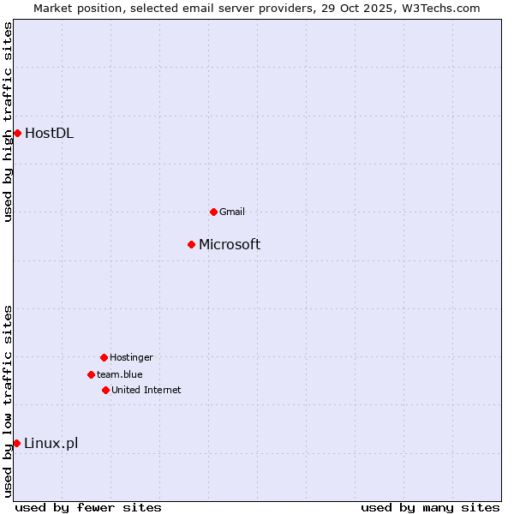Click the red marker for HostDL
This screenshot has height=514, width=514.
tap(17, 133)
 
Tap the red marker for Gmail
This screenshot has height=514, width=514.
tap(213, 212)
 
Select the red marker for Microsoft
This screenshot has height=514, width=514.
tap(191, 244)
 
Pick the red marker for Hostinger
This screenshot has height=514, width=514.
tap(104, 357)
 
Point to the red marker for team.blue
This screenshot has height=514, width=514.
tap(91, 374)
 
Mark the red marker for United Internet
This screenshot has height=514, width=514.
tap(105, 390)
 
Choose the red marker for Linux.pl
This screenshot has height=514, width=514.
tap(16, 443)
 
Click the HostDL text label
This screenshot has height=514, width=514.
tap(49, 133)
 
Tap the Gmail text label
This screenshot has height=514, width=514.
tap(232, 212)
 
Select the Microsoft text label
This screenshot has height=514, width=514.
tap(230, 244)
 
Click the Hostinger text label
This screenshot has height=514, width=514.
tap(131, 357)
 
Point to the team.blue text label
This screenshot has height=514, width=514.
tap(120, 374)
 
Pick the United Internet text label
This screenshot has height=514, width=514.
tap(146, 390)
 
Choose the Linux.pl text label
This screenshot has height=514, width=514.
tap(51, 443)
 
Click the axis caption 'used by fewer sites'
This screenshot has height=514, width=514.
tap(88, 507)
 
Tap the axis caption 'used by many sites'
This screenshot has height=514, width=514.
tap(430, 507)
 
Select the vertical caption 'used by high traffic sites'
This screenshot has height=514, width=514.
tap(8, 123)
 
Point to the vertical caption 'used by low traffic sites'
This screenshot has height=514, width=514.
tap(8, 401)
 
